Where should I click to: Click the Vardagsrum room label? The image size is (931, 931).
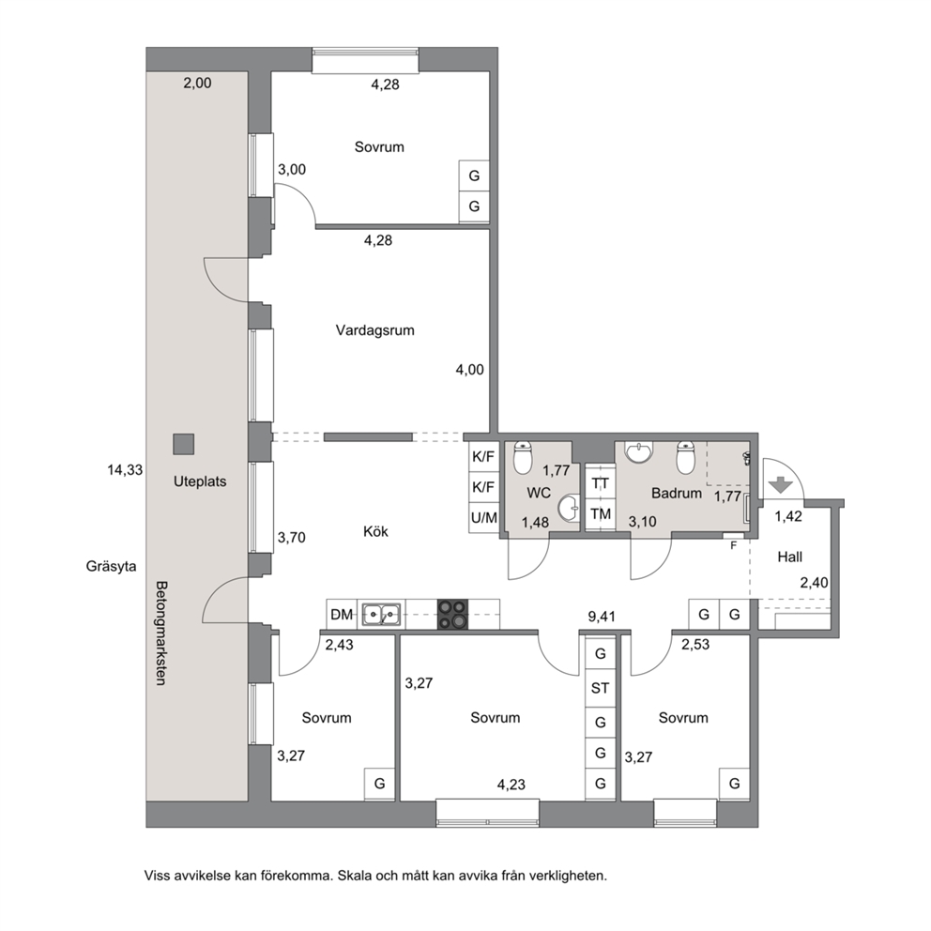click(x=374, y=330)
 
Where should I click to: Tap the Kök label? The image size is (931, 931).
click(x=375, y=531)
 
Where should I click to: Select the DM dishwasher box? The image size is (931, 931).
click(x=342, y=615)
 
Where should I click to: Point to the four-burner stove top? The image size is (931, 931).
click(x=452, y=615)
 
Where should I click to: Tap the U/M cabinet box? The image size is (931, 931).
click(x=484, y=518)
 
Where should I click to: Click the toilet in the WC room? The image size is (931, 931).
click(x=523, y=457)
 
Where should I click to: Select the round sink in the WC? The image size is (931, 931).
click(x=569, y=509)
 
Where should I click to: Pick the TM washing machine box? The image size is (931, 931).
click(x=601, y=514)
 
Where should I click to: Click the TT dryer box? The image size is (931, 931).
click(x=601, y=483)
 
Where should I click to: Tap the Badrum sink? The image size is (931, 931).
click(x=638, y=452)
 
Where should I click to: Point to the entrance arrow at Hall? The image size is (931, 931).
click(x=781, y=485)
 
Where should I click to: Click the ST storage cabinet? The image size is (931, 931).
click(x=600, y=688)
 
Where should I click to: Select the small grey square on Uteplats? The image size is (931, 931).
click(x=183, y=444)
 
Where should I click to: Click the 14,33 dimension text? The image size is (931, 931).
click(x=125, y=470)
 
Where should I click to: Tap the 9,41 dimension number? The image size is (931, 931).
click(x=602, y=617)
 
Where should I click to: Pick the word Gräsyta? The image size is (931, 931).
click(x=111, y=567)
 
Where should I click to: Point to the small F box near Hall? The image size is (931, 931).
click(x=733, y=545)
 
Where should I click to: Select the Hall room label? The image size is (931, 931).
click(x=789, y=557)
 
